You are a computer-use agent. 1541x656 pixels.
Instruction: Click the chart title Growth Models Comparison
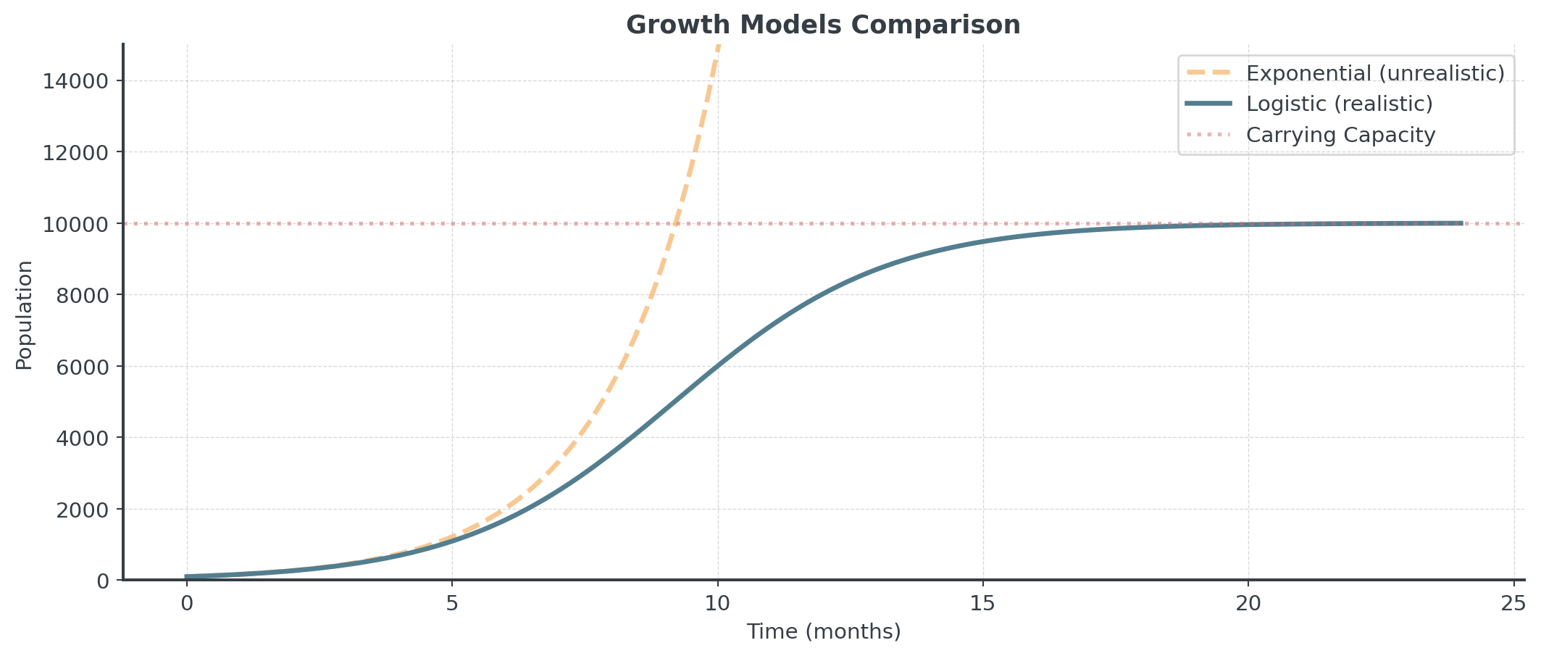pyautogui.click(x=823, y=25)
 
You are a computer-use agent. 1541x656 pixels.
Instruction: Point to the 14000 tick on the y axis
pyautogui.click(x=75, y=80)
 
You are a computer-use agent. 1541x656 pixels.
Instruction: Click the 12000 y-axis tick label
pyautogui.click(x=75, y=152)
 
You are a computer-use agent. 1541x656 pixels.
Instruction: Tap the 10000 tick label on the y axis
pyautogui.click(x=75, y=223)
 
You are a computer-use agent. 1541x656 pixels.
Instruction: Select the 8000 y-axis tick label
pyautogui.click(x=82, y=295)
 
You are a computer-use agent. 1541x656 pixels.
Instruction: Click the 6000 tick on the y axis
pyautogui.click(x=82, y=366)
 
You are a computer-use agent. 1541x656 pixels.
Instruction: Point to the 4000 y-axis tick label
pyautogui.click(x=82, y=438)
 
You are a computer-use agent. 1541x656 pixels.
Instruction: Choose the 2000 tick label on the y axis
pyautogui.click(x=82, y=509)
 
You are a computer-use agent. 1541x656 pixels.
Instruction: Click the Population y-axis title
pyautogui.click(x=25, y=315)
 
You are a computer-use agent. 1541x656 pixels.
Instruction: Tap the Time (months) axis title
pyautogui.click(x=824, y=632)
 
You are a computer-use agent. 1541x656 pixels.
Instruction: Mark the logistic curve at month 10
pyautogui.click(x=718, y=366)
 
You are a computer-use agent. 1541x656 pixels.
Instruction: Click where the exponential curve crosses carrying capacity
pyautogui.click(x=675, y=223)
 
